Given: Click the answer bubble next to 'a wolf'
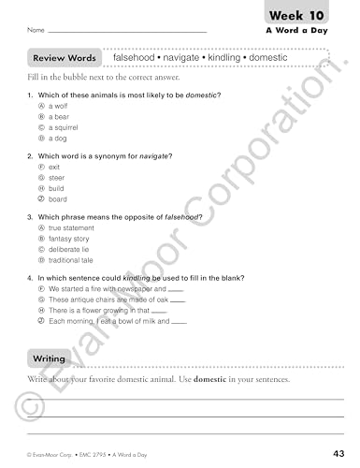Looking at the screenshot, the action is click(x=41, y=106).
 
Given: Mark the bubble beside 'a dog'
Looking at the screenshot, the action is click(x=41, y=138).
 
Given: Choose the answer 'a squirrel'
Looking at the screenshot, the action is click(x=65, y=127).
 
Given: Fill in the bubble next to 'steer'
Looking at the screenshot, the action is click(x=41, y=176).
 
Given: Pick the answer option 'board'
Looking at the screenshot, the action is click(x=57, y=198).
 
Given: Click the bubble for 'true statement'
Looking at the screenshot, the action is click(x=41, y=227).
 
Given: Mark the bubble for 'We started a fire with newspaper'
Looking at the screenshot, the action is click(x=41, y=289).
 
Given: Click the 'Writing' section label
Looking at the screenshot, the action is click(x=50, y=358).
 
